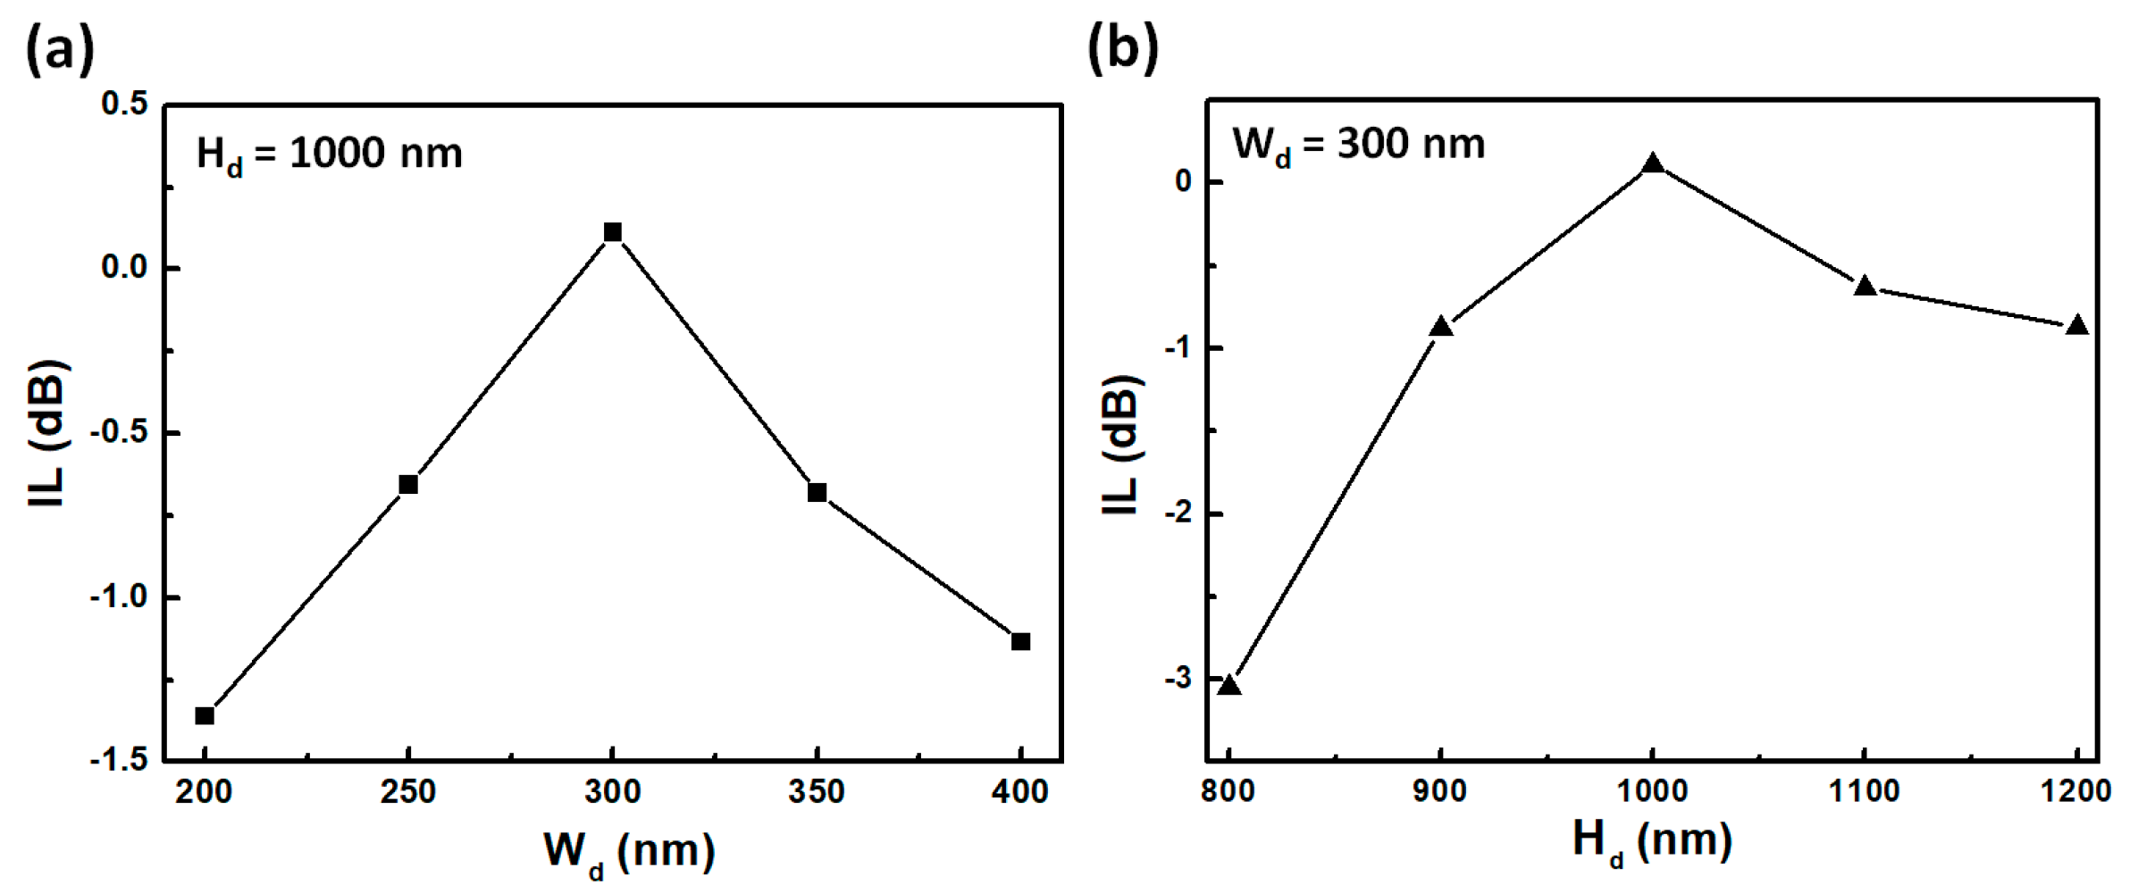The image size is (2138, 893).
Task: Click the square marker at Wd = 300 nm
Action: coord(612,233)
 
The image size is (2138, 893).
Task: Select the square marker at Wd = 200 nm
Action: coord(205,715)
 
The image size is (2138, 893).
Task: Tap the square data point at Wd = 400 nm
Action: coord(1020,641)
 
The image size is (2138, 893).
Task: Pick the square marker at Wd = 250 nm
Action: coord(408,484)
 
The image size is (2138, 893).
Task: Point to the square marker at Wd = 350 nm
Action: coord(817,492)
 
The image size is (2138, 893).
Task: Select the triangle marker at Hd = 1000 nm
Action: coord(1653,164)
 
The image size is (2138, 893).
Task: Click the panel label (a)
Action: coord(59,49)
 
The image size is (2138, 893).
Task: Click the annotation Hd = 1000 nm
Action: coord(329,154)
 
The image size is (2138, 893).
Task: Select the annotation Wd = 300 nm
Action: coord(1358,145)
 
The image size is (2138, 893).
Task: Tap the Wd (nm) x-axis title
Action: coord(629,851)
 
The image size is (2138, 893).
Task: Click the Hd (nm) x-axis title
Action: coord(1652,841)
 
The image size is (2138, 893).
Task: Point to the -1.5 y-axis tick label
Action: coord(119,759)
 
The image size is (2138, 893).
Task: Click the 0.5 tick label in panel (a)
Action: coord(125,104)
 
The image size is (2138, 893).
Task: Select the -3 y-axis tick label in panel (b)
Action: coord(1178,679)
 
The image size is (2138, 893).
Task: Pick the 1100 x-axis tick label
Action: coord(1865,791)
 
